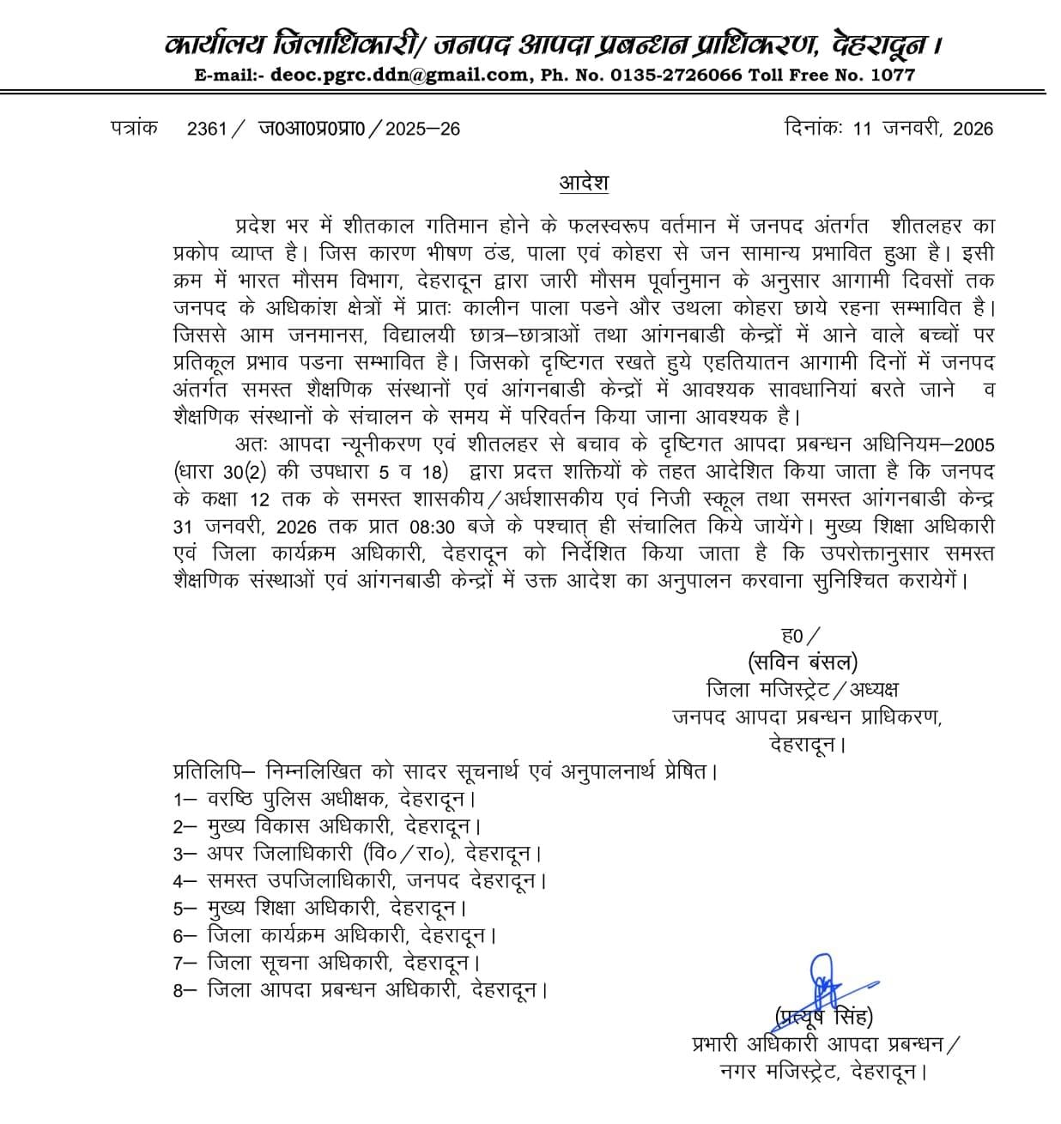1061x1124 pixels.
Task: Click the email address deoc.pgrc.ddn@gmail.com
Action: [400, 76]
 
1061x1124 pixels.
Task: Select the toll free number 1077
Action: [894, 76]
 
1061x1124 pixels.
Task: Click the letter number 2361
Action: [206, 129]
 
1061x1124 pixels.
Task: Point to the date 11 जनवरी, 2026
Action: [923, 129]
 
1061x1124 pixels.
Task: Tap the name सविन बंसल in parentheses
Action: [803, 662]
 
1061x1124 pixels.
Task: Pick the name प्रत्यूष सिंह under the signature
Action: [825, 1018]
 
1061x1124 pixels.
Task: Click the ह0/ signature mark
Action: [800, 636]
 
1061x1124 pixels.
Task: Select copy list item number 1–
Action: [186, 799]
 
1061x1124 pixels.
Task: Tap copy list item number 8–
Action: [186, 990]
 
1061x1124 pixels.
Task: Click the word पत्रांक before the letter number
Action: [134, 128]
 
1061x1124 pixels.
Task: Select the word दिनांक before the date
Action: [815, 128]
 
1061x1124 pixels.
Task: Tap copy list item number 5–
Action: [186, 908]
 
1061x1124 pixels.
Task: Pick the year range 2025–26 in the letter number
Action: [422, 129]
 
